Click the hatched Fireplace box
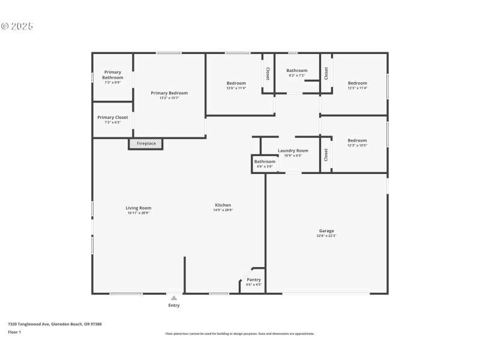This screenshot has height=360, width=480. [x=146, y=144]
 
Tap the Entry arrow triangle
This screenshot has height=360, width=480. [x=174, y=297]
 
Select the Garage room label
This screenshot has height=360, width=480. [x=326, y=230]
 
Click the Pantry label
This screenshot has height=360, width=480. [x=254, y=280]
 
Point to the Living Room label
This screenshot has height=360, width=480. [x=138, y=208]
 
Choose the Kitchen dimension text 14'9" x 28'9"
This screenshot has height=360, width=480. [x=223, y=210]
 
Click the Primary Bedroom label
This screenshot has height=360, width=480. [x=169, y=93]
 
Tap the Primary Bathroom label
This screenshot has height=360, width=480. [x=112, y=75]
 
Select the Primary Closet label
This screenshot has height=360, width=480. [x=113, y=118]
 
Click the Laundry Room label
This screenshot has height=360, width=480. [x=293, y=151]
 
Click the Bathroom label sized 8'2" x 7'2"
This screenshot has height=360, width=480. [x=296, y=70]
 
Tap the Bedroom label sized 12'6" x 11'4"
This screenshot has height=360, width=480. [x=236, y=83]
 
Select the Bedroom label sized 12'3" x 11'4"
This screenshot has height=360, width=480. [x=357, y=83]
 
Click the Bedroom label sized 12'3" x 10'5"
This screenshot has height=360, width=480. [x=357, y=140]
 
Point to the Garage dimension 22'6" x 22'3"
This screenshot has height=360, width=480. [x=326, y=236]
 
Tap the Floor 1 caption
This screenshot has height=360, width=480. [x=14, y=332]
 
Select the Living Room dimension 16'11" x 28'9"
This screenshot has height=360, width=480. [x=138, y=213]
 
